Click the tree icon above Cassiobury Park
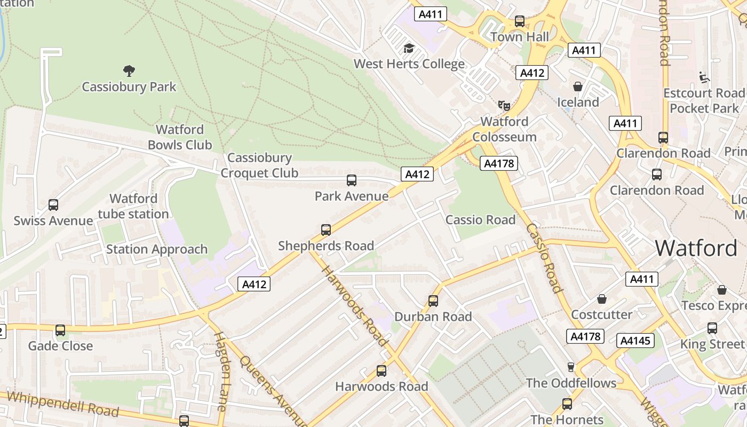click(x=129, y=70)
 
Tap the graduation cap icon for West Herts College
click(x=409, y=48)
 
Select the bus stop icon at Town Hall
click(x=519, y=21)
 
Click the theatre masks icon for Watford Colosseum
click(x=504, y=105)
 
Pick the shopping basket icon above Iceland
click(x=577, y=86)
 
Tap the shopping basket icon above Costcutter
click(x=602, y=299)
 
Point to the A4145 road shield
click(x=635, y=340)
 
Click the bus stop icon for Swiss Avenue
click(x=53, y=205)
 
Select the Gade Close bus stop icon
click(x=60, y=330)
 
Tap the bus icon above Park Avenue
click(x=351, y=180)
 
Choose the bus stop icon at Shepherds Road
click(x=326, y=230)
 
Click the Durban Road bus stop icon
click(x=433, y=301)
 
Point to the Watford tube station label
click(x=133, y=207)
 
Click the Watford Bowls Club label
click(x=180, y=137)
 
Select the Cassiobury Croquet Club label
click(x=259, y=165)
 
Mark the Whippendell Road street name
click(x=63, y=404)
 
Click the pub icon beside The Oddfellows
click(x=570, y=367)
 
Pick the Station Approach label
click(x=157, y=249)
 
